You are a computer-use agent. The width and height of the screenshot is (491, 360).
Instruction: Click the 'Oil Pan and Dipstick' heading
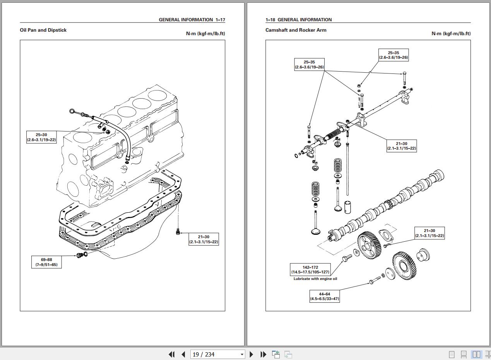(x=43, y=30)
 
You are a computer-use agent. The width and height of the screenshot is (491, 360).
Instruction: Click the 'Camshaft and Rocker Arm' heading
(x=296, y=30)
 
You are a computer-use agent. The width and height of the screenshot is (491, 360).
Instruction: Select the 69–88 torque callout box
(x=46, y=262)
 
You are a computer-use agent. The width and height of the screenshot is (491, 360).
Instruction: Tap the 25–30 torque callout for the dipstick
(x=41, y=137)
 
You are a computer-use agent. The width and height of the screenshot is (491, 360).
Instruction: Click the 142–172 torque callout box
(x=310, y=270)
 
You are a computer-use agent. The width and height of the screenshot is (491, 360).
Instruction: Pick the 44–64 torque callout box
(x=325, y=297)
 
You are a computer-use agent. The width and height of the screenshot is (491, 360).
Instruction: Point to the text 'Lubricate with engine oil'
(x=315, y=279)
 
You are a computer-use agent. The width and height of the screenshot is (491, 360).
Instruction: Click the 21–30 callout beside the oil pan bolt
(x=204, y=239)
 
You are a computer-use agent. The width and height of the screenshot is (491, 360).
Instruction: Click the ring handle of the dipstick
(x=72, y=111)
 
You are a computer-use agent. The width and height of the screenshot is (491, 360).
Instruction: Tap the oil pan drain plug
(x=80, y=255)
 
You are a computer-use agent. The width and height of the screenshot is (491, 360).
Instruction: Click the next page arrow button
(x=251, y=354)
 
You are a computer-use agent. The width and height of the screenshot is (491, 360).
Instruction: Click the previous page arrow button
(x=183, y=354)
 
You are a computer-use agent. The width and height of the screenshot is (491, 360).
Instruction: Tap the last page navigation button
(x=263, y=354)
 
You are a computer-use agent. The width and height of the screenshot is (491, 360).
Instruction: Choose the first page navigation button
(x=171, y=354)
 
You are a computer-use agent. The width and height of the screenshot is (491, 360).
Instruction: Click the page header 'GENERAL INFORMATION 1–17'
(x=192, y=20)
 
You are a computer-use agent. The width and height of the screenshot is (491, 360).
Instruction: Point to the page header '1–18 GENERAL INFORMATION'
(x=298, y=20)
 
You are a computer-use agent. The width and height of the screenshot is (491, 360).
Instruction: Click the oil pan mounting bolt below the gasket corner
(x=178, y=231)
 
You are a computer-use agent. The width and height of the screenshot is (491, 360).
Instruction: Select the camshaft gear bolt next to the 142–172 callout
(x=347, y=257)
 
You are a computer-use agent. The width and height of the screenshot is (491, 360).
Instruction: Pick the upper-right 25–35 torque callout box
(x=393, y=55)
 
